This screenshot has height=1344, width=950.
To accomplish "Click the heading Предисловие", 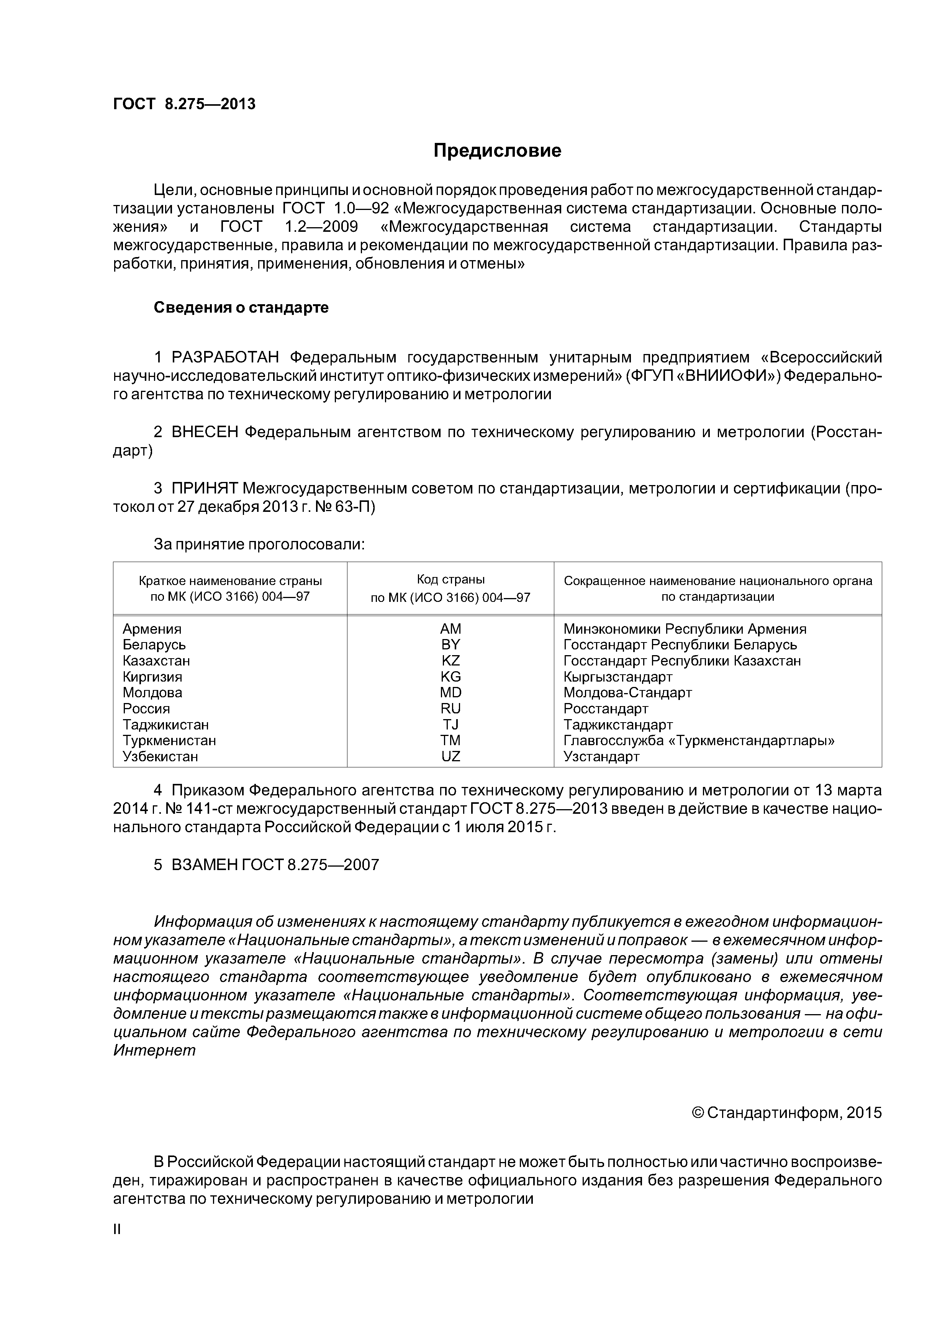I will pos(497,151).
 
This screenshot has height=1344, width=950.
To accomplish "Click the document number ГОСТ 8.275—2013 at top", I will pos(184,104).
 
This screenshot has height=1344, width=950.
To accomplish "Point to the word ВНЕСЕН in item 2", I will pos(205,432).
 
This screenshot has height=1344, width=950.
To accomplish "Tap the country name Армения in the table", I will pos(152,629).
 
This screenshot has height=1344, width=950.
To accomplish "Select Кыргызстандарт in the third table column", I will pos(617,677).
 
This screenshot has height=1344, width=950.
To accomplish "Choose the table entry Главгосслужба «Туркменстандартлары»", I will pos(698,741).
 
